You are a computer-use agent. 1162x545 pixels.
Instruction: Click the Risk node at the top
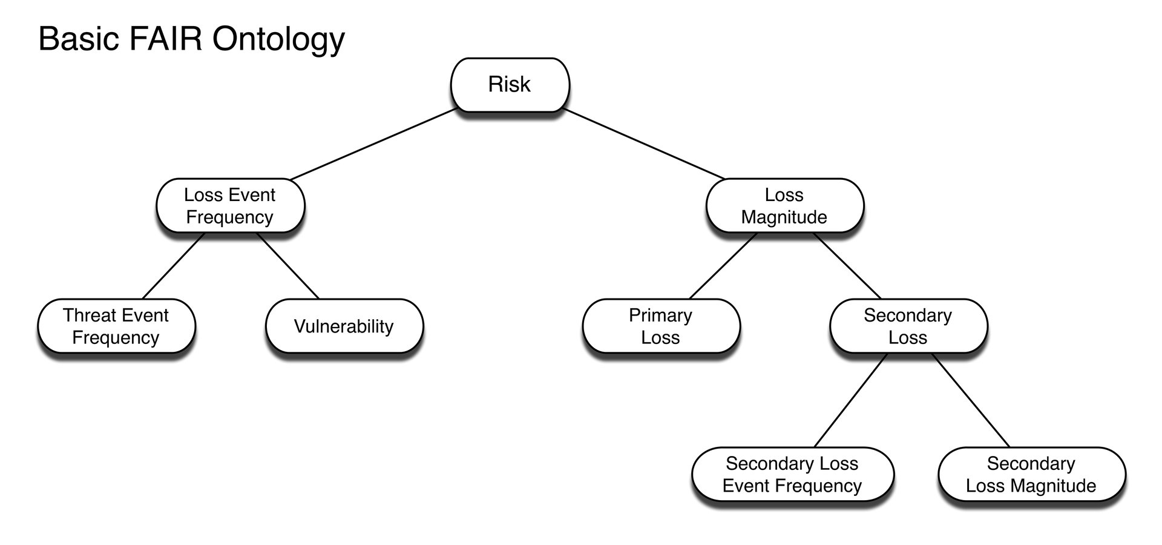[510, 85]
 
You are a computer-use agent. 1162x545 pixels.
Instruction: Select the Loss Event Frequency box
[230, 206]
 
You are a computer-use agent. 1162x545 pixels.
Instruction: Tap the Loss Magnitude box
[784, 206]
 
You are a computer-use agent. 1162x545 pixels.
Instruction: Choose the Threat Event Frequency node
[116, 326]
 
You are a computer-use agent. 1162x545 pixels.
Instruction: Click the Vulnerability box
[344, 326]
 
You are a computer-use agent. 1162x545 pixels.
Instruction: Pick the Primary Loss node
[660, 326]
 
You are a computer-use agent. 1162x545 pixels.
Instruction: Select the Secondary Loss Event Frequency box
[792, 475]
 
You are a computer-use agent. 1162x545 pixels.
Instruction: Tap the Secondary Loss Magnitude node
[1031, 475]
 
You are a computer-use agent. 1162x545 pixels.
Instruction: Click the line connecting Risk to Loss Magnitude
[645, 145]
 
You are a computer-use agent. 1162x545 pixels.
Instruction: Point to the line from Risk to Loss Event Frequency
[373, 145]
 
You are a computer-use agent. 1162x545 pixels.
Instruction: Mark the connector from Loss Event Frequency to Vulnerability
[288, 266]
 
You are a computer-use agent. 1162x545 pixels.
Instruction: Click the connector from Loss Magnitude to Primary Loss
[723, 266]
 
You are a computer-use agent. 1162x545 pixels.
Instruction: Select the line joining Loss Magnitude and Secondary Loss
[847, 266]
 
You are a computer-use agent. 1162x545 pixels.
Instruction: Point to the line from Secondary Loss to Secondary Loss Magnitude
[971, 400]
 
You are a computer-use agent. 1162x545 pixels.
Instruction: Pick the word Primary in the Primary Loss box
[660, 315]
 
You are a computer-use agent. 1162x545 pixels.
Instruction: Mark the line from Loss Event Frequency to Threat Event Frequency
[173, 266]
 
